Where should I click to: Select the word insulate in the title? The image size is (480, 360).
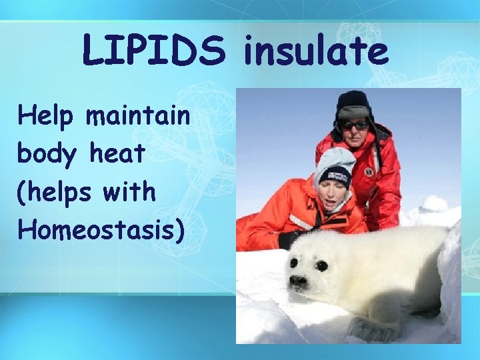coord(314,51)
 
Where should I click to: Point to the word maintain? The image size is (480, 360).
coord(138,117)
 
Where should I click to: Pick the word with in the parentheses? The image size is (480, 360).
coord(129,192)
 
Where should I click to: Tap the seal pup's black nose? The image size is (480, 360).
coord(298,280)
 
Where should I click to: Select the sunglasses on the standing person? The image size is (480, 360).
coord(354,125)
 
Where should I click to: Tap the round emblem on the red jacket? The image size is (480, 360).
coord(369,172)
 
